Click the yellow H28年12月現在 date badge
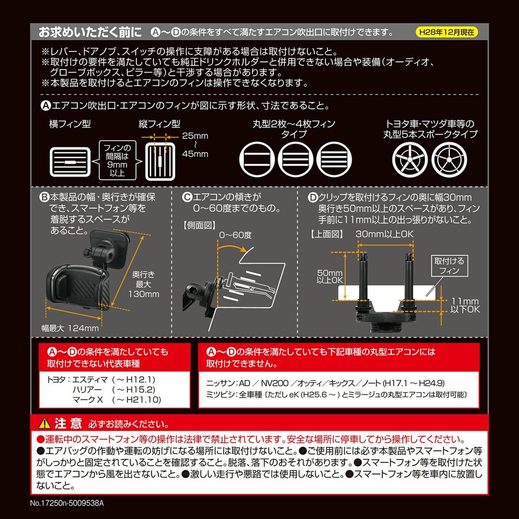coord(446,32)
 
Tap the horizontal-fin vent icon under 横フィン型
coord(70,162)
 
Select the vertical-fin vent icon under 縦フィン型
coord(160,162)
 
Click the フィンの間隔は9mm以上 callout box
coord(117,160)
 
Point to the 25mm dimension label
coord(195,135)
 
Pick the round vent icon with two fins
coord(257,159)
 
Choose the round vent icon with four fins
coord(334,159)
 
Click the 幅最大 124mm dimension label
coord(70,328)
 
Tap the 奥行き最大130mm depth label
coord(144,284)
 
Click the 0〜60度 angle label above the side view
coord(235,235)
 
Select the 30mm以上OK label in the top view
coord(384,234)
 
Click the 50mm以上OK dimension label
coord(330,277)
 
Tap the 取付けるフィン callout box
coord(449,266)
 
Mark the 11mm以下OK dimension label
coord(465,305)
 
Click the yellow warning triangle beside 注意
coord(44,424)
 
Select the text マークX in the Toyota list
coord(88,400)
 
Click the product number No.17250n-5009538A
coord(67,503)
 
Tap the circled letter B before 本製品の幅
coord(44,198)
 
